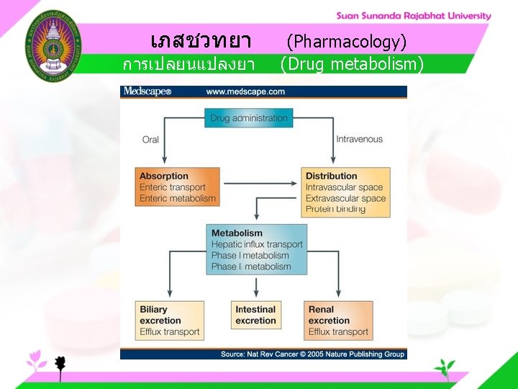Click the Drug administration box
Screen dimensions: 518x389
[249, 118]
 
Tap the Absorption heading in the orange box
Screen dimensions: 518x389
[164, 176]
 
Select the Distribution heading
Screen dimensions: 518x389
[331, 176]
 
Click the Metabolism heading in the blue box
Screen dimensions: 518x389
[237, 233]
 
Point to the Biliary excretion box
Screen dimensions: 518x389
[170, 321]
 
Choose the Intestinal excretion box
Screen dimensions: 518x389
[255, 316]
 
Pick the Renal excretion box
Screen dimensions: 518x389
[338, 321]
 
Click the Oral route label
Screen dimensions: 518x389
[150, 140]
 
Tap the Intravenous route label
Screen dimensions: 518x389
[360, 139]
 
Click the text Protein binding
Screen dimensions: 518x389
[335, 209]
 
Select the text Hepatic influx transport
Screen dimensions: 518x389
[257, 244]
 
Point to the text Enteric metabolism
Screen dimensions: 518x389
[178, 198]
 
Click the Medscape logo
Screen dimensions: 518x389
[147, 91]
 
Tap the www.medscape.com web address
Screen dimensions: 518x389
[245, 91]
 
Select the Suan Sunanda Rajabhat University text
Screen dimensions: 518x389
[414, 16]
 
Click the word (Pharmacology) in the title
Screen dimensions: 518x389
[347, 41]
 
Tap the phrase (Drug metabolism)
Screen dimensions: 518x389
[352, 65]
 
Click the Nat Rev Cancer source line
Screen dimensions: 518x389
[312, 354]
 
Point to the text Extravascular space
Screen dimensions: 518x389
[345, 198]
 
